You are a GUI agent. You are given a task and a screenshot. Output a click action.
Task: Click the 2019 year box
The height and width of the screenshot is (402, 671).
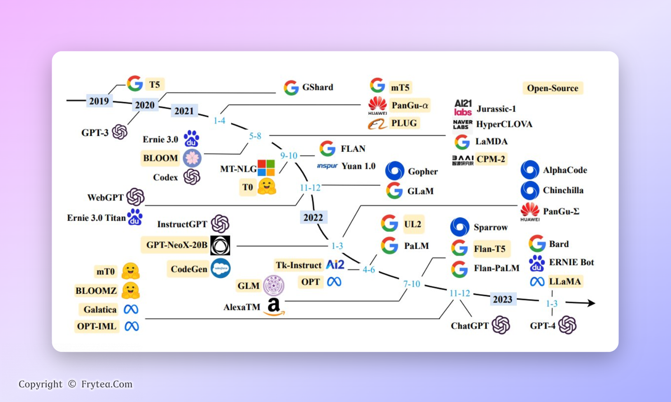coord(99,101)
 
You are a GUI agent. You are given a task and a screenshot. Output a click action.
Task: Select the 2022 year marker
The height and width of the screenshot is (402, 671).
coord(313,217)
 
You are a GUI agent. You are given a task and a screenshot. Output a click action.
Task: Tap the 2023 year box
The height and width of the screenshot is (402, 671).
coord(502,299)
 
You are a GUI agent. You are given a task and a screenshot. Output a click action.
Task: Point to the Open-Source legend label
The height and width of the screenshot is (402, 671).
coord(553,88)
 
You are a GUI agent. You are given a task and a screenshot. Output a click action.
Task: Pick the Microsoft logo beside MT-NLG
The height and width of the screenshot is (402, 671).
coord(266,168)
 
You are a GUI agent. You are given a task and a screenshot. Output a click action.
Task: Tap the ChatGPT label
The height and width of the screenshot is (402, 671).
coord(470,326)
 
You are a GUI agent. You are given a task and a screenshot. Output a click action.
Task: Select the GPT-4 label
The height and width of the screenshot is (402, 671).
coord(543,326)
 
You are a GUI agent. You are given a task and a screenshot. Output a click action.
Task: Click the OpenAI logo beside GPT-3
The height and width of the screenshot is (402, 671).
coord(119,132)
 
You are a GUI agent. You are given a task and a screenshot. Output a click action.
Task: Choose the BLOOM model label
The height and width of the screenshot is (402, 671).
coord(160,158)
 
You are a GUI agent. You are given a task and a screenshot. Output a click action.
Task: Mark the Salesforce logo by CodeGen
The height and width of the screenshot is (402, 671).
coord(220,268)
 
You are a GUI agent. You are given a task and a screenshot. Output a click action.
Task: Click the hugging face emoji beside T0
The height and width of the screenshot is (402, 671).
coord(267,187)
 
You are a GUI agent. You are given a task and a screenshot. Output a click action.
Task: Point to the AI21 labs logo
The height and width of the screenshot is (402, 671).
coord(463,108)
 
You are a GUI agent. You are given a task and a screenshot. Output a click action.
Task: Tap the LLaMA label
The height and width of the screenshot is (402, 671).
coord(565,281)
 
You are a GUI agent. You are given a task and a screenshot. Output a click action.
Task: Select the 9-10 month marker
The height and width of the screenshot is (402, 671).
coord(289,156)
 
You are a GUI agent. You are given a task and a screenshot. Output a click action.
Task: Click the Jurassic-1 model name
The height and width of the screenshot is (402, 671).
coord(496,109)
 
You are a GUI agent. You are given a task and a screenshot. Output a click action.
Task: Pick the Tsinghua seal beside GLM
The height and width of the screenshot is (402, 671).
coord(273,286)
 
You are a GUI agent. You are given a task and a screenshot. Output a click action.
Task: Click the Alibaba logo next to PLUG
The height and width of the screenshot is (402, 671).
coord(377,124)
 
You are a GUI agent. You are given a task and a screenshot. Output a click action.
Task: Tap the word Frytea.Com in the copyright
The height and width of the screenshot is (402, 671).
coord(107,384)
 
